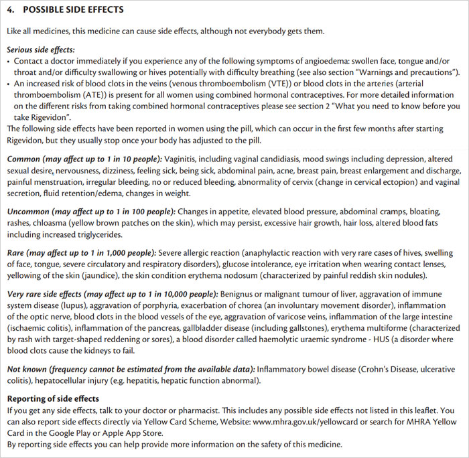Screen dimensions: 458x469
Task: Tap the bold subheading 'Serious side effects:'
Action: pos(40,50)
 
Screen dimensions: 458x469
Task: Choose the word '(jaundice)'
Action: pos(103,275)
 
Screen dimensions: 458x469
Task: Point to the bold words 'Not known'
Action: pos(27,370)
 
